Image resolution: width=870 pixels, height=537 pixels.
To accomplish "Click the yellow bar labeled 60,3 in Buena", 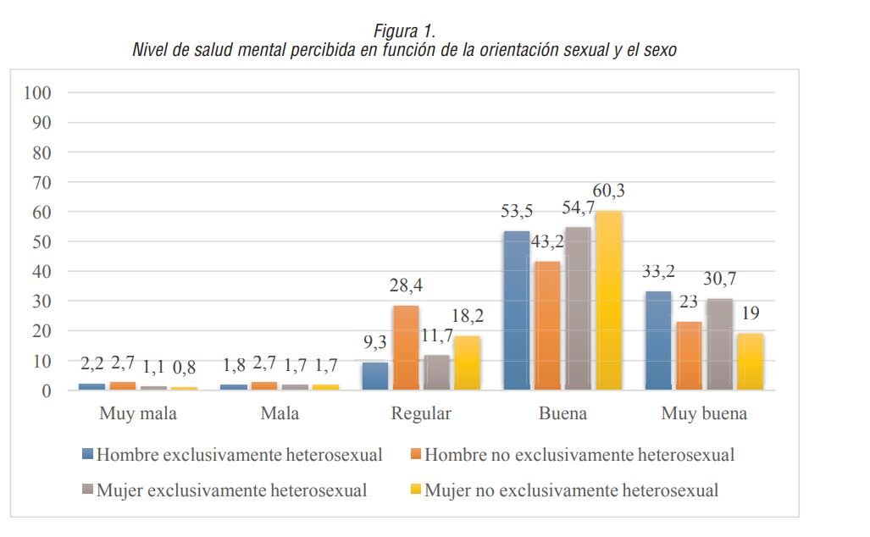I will pos(608,301).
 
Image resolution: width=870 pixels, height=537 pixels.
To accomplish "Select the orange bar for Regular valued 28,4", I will pos(406,347).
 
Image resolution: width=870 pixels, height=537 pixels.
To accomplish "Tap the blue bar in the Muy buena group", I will pos(658,340).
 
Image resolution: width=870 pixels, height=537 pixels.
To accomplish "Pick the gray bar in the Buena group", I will pos(578,308).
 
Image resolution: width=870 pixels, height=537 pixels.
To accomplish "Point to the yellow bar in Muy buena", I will pos(750,362).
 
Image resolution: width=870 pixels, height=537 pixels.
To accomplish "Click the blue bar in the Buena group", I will pos(516,311).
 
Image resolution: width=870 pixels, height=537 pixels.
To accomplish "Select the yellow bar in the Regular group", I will pos(467,363).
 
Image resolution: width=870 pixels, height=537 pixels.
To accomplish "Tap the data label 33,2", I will pos(658,272).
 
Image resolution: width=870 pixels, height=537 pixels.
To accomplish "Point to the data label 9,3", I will pos(374,344).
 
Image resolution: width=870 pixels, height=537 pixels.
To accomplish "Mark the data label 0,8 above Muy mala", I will pos(186,367).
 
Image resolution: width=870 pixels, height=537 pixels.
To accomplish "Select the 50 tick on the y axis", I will pos(42,241).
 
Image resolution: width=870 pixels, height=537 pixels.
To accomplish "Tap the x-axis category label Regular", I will pos(421,414).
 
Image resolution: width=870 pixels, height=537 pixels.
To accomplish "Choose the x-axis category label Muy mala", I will pos(138,414).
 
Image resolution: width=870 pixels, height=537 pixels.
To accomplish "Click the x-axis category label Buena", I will pos(562,414).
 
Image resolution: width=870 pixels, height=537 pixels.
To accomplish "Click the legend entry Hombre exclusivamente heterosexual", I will pos(239,455).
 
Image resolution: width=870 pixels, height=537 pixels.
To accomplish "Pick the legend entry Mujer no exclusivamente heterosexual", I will pos(571,490).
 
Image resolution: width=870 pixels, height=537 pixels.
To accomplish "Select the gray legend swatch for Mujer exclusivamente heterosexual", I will pos(88,490).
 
